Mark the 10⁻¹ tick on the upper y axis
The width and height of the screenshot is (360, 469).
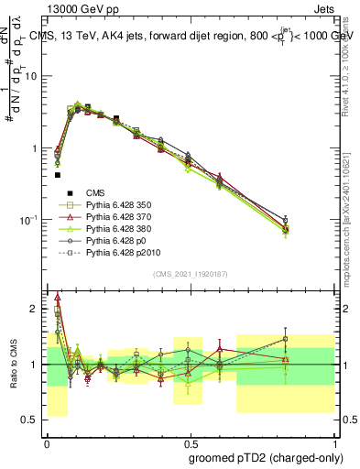[31, 219]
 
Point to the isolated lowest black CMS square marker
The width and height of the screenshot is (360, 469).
[57, 174]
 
